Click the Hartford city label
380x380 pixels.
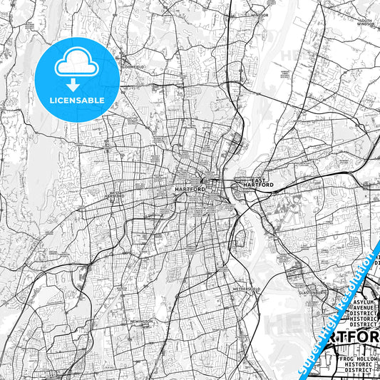[x=190, y=190]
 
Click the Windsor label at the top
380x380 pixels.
[x=258, y=14]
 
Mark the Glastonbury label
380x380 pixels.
[x=312, y=292]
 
